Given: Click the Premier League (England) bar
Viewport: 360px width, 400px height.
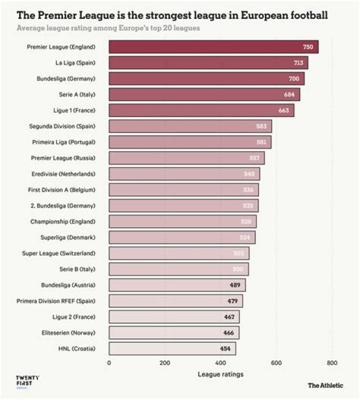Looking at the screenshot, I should point(213,47).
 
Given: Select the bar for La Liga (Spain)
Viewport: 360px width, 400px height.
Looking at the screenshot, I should point(208,63).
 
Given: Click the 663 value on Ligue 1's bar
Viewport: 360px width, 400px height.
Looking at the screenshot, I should point(284,111).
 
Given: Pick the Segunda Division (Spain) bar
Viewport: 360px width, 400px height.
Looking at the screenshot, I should point(190,126).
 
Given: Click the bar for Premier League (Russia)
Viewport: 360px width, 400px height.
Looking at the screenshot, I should point(186,158).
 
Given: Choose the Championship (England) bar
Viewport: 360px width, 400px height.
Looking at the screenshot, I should point(182,221).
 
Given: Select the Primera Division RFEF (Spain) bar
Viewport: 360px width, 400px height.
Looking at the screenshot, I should point(175,301).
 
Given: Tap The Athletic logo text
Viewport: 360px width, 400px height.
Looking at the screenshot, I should point(325,385).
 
